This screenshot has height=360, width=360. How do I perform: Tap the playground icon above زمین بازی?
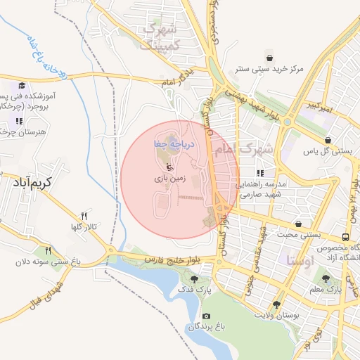(x=169, y=167)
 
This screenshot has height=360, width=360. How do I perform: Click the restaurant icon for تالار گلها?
(x=84, y=216)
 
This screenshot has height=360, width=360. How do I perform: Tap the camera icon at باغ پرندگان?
(x=205, y=316)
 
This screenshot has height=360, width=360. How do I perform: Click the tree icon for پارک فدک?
(x=195, y=278)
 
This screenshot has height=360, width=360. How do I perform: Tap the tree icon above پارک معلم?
(x=324, y=278)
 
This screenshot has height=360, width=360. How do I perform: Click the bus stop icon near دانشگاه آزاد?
(x=345, y=237)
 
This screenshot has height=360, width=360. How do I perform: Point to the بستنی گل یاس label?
(x=330, y=151)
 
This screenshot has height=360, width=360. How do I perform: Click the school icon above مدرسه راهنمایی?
(x=259, y=173)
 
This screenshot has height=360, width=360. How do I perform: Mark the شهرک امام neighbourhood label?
(x=246, y=150)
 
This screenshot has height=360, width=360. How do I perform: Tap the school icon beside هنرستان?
(x=18, y=121)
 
